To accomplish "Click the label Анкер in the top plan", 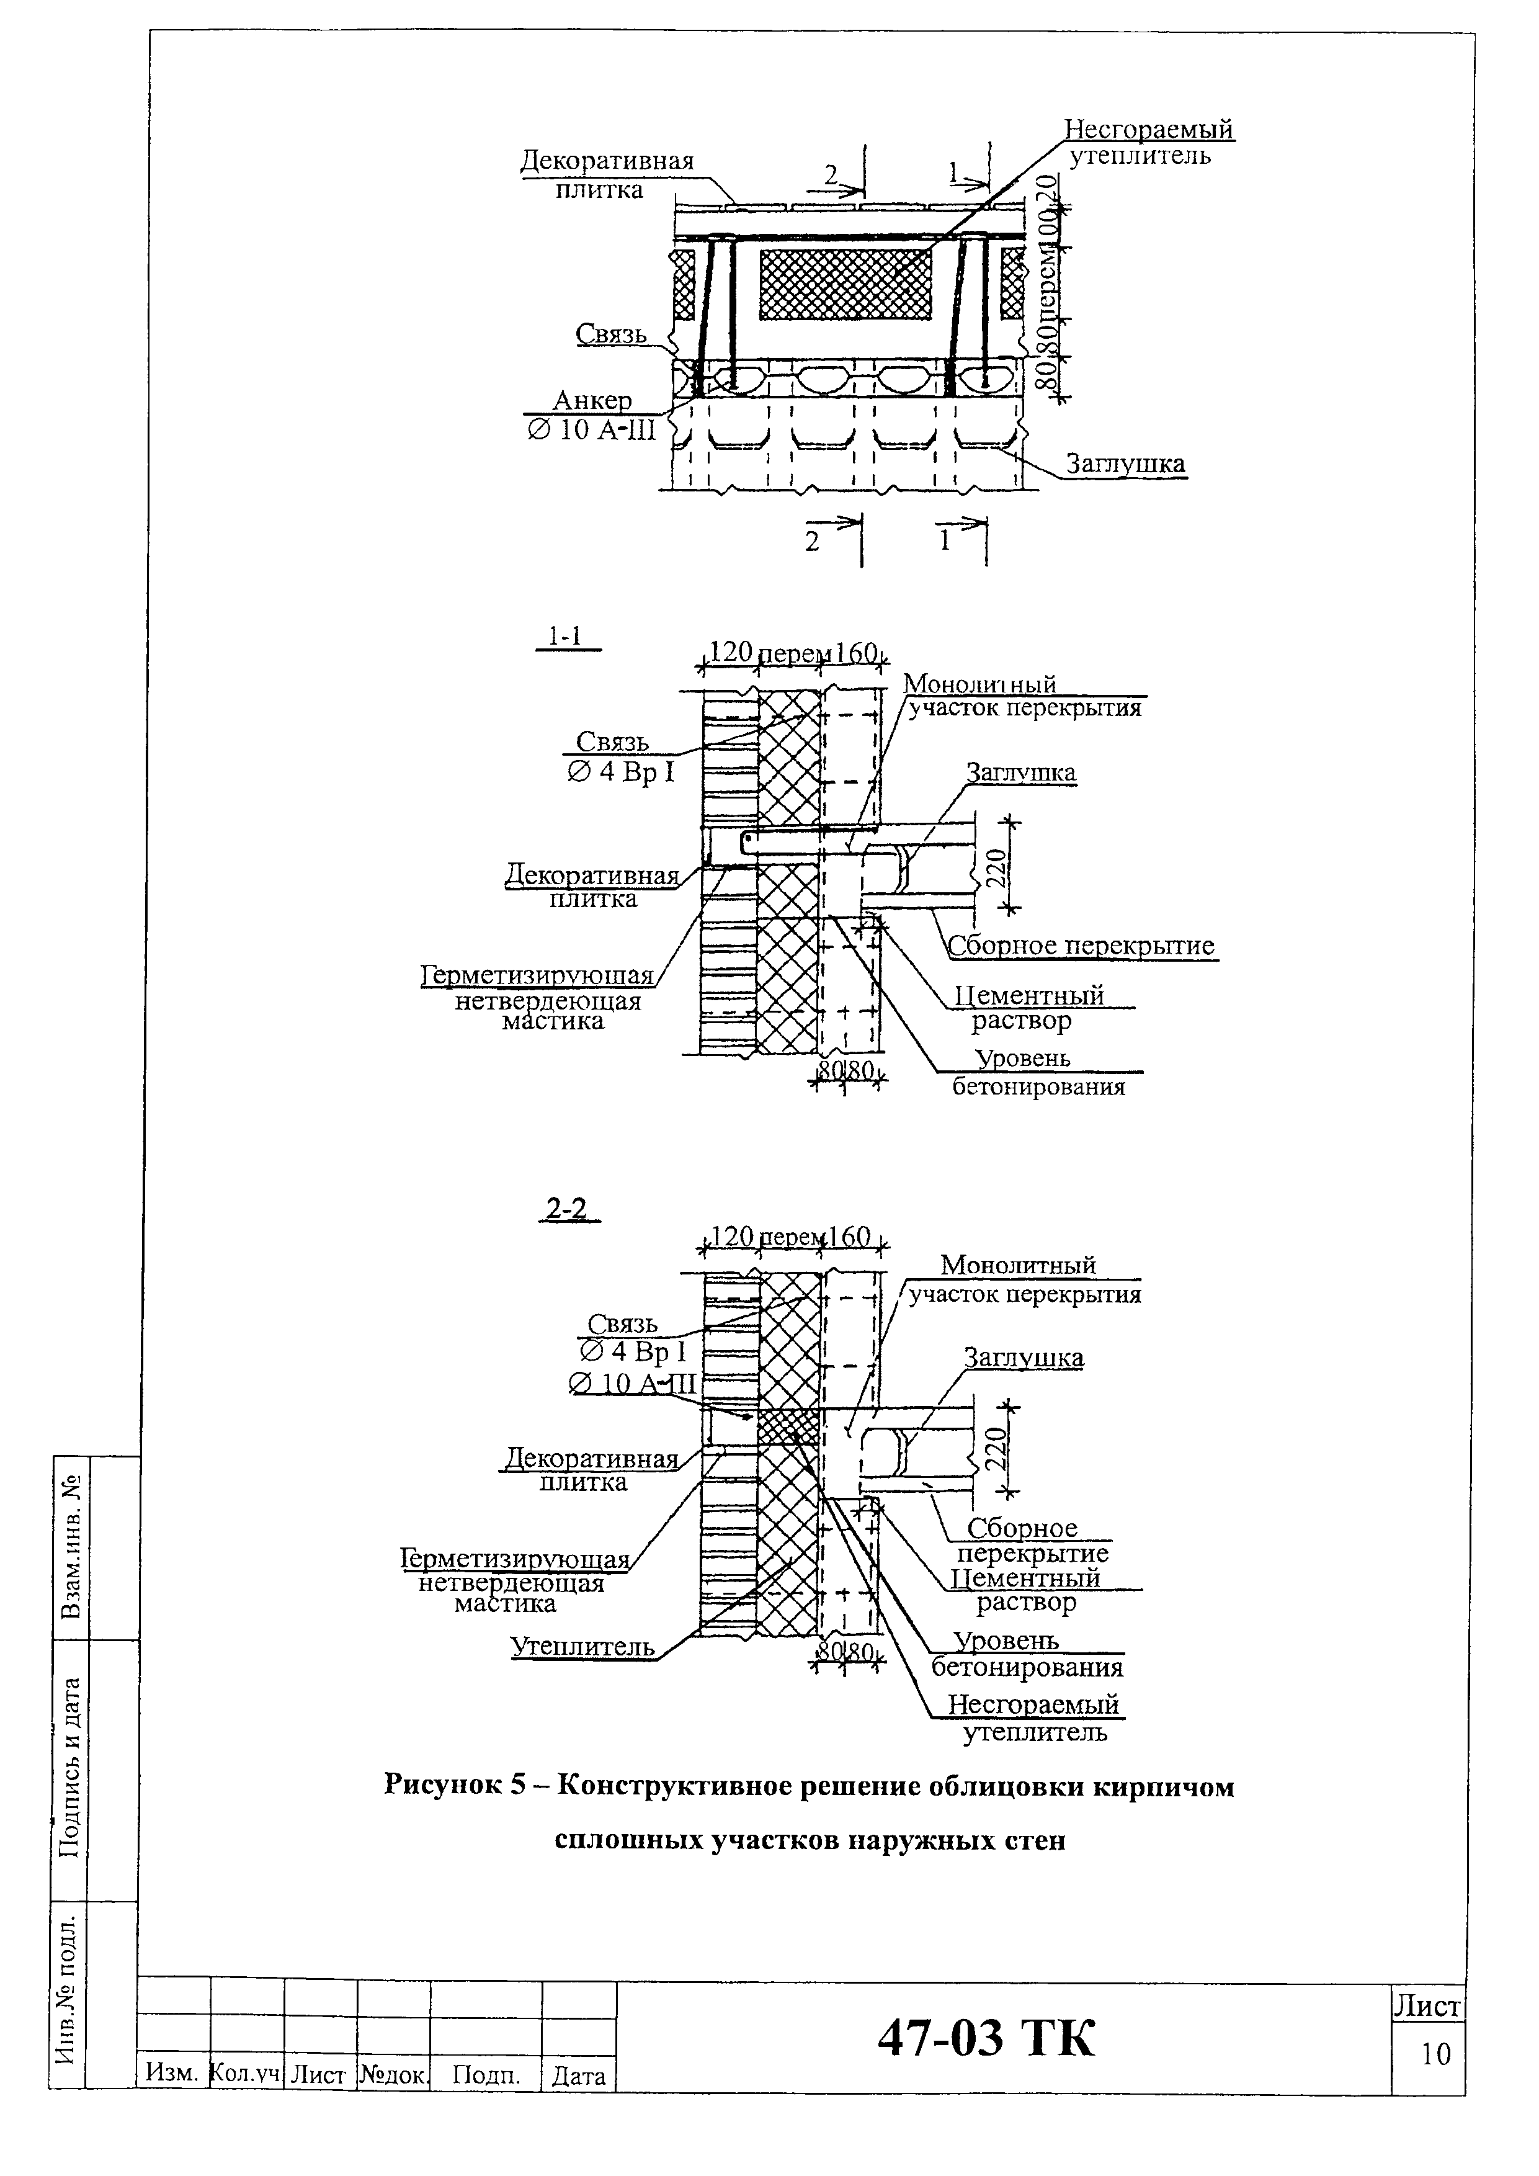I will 592,401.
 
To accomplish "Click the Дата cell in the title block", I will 578,2077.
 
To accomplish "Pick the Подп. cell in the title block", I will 486,2077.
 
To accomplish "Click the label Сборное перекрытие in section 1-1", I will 1081,946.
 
